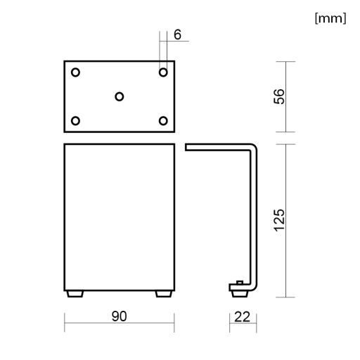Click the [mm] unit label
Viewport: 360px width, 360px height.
tap(330, 18)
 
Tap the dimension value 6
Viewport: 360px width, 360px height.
tap(178, 34)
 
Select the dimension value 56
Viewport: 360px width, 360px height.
tap(279, 96)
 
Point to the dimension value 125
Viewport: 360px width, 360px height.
tap(279, 220)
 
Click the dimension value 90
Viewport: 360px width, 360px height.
tap(119, 316)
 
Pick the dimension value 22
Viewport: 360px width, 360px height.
tap(242, 317)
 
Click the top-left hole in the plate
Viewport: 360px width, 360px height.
tap(75, 72)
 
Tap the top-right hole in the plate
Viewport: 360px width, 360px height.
tap(163, 72)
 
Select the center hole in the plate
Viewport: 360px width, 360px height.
tap(120, 96)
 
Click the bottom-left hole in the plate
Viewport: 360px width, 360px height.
tap(75, 121)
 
